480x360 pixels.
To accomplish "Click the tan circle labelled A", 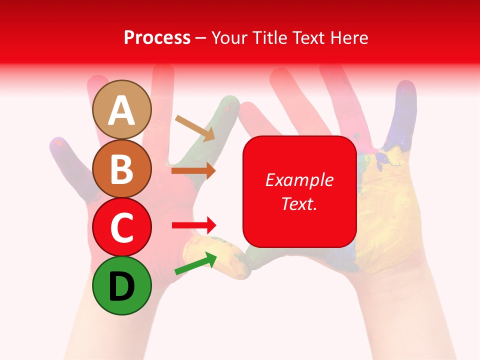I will pos(121,109).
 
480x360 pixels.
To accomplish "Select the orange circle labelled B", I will pos(121,168).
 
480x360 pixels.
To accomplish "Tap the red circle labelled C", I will pos(121,227).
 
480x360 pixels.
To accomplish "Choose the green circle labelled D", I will pos(121,285).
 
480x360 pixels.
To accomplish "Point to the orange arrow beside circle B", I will pos(193,171).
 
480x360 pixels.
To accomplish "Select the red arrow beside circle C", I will pos(194,224).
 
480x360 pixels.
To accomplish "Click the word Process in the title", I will pos(157,37).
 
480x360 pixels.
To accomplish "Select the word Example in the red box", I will pos(299,180).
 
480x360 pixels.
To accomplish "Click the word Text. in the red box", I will pos(299,203).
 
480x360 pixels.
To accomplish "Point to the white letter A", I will pos(121,110).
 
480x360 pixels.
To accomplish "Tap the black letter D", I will pos(121,286).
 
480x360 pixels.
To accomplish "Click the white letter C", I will pos(121,228).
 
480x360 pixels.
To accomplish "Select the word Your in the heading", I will pos(229,37).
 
